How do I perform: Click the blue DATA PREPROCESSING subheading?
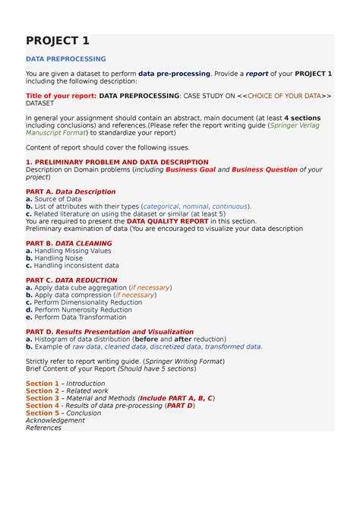(x=65, y=59)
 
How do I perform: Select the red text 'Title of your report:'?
(x=61, y=96)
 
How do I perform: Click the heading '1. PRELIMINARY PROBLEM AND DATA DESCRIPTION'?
(x=117, y=163)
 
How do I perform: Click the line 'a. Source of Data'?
(x=53, y=199)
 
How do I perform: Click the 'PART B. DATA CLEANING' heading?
(x=68, y=243)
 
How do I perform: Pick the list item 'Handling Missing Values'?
(x=73, y=251)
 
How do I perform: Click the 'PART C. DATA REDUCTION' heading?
(x=71, y=280)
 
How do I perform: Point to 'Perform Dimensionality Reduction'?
(x=87, y=302)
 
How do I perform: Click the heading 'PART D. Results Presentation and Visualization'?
(x=109, y=332)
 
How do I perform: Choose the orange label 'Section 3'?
(x=42, y=398)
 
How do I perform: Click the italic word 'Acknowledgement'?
(x=55, y=420)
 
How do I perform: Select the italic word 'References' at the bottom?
(x=43, y=428)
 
